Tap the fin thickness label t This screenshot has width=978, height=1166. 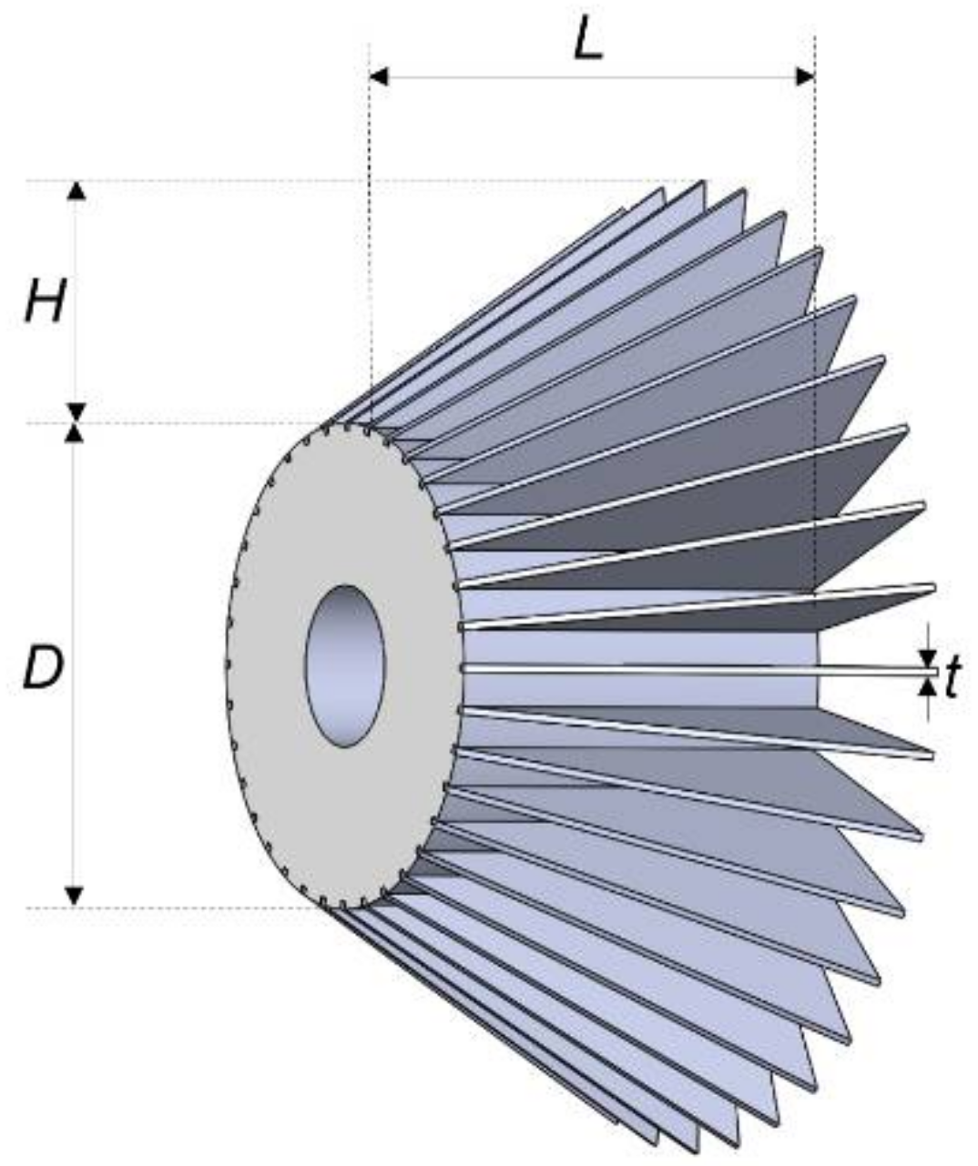point(953,678)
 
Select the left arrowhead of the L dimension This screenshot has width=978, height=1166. point(379,76)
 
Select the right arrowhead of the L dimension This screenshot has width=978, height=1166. point(806,76)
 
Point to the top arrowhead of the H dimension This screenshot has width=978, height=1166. point(76,190)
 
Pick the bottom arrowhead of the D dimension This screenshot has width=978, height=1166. point(76,896)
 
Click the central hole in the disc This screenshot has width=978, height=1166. point(345,666)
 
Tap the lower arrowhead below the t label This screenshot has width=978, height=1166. point(928,686)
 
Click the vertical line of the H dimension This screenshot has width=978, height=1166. point(76,300)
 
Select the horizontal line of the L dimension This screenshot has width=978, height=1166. point(592,76)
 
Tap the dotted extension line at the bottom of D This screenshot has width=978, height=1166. point(182,907)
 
